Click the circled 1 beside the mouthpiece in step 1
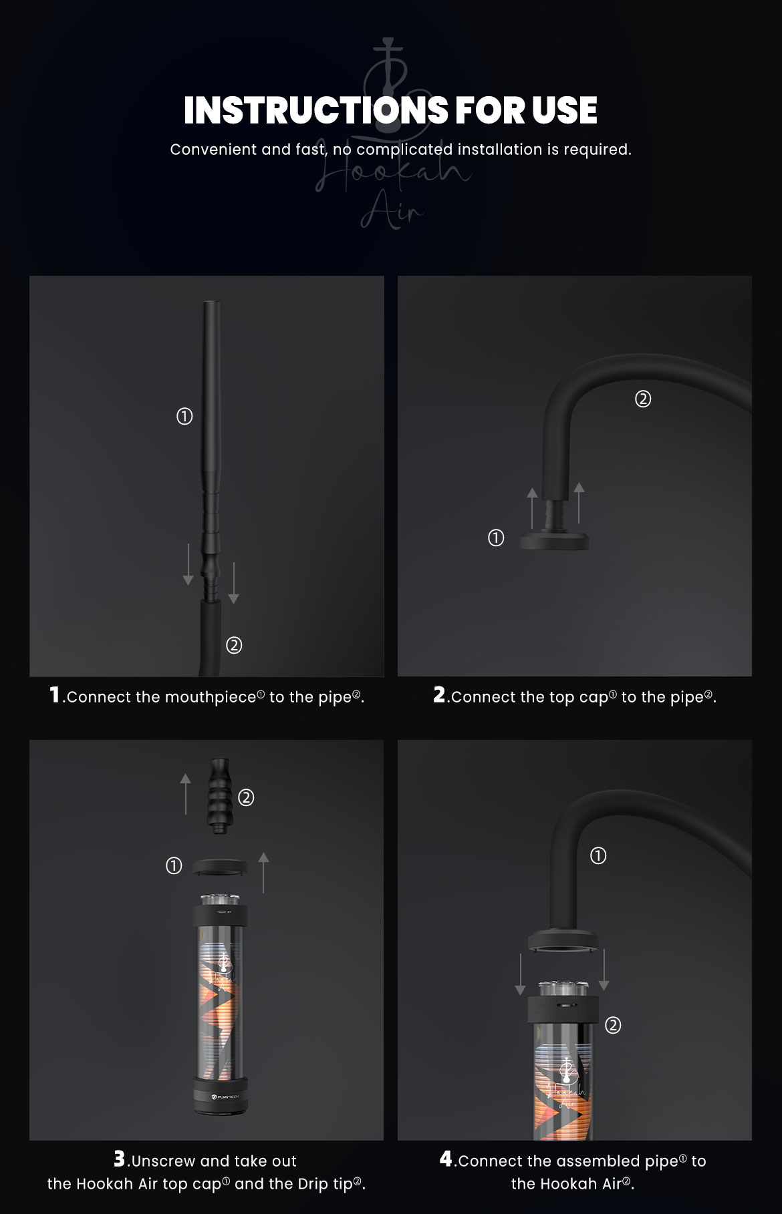[184, 417]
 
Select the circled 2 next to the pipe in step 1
[234, 645]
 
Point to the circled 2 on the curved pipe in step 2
[642, 399]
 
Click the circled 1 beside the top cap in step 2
[496, 538]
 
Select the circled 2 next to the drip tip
[246, 797]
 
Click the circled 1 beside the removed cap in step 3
[174, 866]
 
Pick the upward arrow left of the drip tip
[186, 794]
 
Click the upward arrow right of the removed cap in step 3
[263, 872]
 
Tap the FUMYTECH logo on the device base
[220, 1096]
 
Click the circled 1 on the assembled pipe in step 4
[598, 855]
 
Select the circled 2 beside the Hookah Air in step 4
[613, 1024]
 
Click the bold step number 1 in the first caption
[55, 695]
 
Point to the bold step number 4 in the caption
[446, 1159]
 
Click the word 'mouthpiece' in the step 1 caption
[211, 697]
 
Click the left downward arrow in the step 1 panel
[188, 564]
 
